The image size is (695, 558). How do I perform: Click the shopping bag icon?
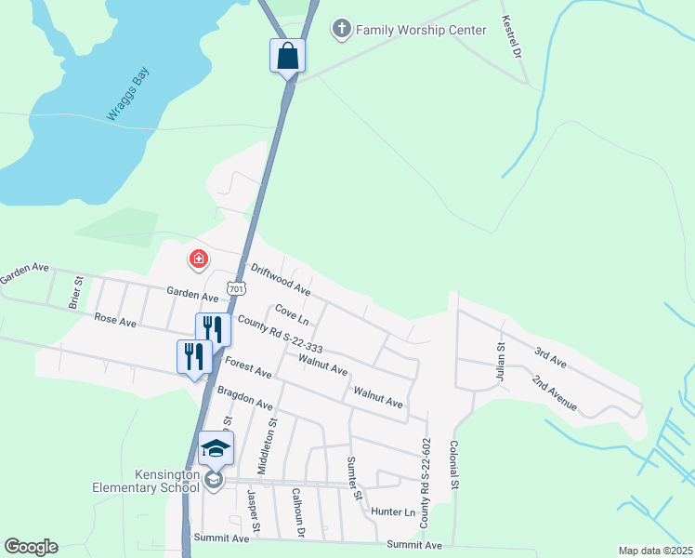click(287, 55)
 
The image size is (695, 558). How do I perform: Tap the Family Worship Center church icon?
click(341, 30)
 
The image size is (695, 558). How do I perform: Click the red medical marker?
click(198, 259)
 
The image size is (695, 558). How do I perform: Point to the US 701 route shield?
click(237, 289)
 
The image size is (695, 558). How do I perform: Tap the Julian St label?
click(500, 359)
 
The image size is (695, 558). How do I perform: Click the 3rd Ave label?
click(550, 357)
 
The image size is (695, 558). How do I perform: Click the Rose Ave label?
click(115, 320)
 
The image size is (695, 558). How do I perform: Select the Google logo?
click(31, 547)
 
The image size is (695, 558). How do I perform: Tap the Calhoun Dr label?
click(298, 513)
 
